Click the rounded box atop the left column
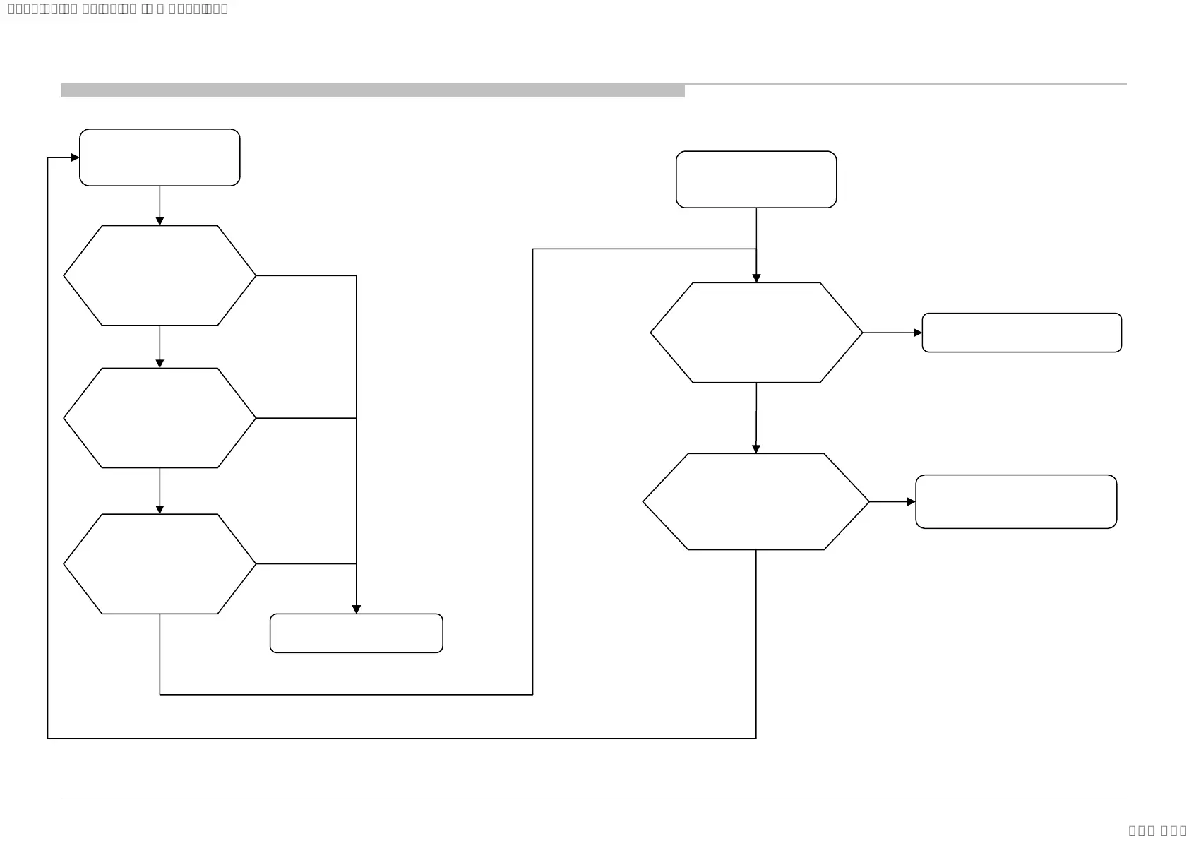160,157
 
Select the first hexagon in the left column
160,275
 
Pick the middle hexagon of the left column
160,418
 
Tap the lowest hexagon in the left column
160,563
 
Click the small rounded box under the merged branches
356,633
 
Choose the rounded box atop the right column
756,179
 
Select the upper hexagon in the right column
756,333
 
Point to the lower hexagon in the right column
756,501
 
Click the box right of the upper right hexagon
1022,333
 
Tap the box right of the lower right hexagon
1016,501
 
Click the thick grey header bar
373,90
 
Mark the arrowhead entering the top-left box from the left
75,157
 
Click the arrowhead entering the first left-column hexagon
160,221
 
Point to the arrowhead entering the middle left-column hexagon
160,364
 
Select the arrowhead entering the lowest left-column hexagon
160,509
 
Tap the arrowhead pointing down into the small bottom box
357,609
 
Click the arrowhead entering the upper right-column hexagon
756,278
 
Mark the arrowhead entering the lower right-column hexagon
756,449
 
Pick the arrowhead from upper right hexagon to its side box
918,333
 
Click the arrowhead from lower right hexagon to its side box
912,502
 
